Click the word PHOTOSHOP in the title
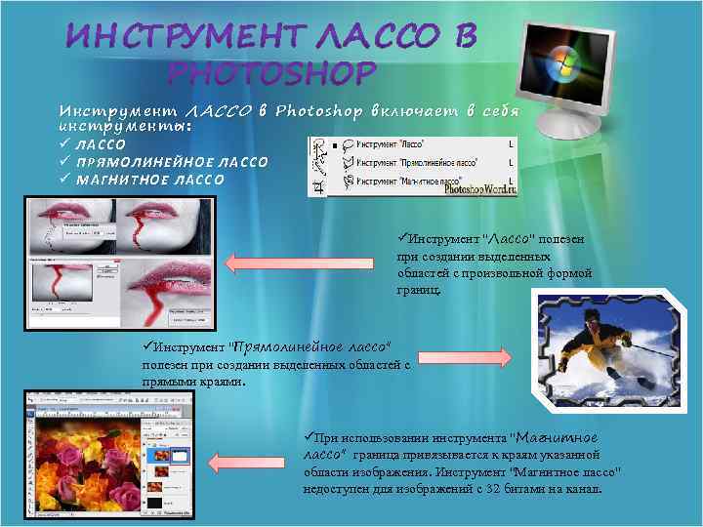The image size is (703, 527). (270, 73)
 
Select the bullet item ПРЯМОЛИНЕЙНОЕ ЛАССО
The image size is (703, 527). (171, 162)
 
